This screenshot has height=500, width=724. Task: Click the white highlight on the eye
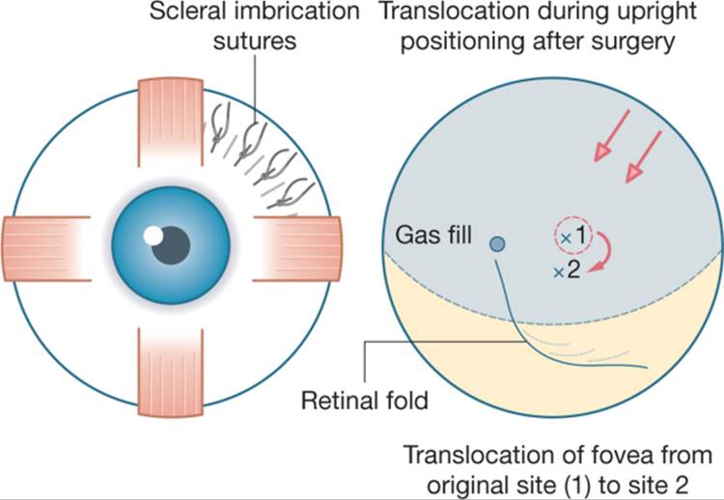pyautogui.click(x=153, y=236)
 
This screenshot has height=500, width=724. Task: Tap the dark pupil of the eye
pyautogui.click(x=172, y=245)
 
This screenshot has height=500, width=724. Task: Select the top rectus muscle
pyautogui.click(x=170, y=122)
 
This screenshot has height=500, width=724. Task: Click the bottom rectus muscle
pyautogui.click(x=170, y=373)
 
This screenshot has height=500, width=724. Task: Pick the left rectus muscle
pyautogui.click(x=46, y=248)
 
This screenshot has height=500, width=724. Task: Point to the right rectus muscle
pyautogui.click(x=297, y=248)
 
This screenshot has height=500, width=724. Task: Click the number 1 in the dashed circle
pyautogui.click(x=580, y=236)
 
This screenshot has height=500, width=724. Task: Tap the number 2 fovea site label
pyautogui.click(x=573, y=270)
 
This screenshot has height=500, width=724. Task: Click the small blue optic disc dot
pyautogui.click(x=497, y=244)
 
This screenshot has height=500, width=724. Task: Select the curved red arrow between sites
pyautogui.click(x=608, y=252)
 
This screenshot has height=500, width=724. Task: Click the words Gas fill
pyautogui.click(x=433, y=235)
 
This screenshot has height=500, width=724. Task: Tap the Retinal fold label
pyautogui.click(x=364, y=400)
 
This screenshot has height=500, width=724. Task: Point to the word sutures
pyautogui.click(x=255, y=41)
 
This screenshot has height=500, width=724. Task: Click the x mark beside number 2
pyautogui.click(x=559, y=273)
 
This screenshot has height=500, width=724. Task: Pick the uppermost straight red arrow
pyautogui.click(x=611, y=136)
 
